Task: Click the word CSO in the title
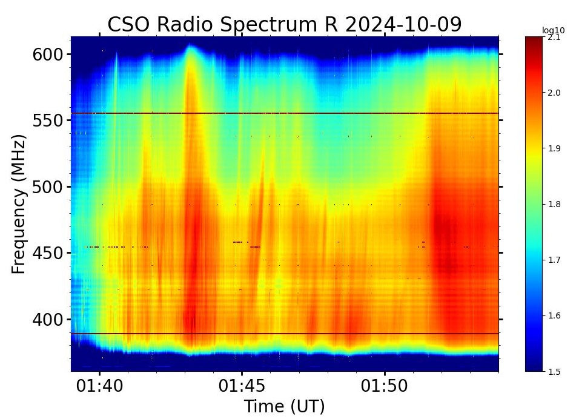[129, 25]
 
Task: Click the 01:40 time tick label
[100, 386]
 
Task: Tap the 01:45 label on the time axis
[242, 386]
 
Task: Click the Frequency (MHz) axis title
[19, 205]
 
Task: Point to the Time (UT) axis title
[284, 406]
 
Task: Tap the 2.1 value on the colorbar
[554, 38]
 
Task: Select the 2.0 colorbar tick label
[554, 93]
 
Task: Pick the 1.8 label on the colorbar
[554, 204]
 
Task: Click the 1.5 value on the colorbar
[554, 371]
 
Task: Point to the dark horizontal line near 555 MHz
[285, 113]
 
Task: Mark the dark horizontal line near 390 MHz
[285, 334]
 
